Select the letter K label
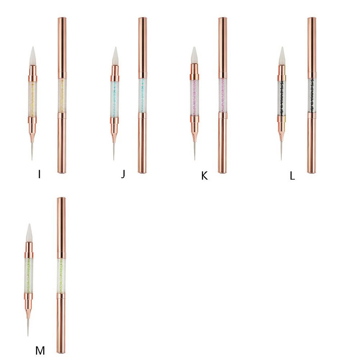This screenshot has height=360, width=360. coord(204,175)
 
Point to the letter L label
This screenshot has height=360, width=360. coord(292,176)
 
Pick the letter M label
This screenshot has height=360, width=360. coord(40,350)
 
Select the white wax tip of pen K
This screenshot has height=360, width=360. coord(195,55)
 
